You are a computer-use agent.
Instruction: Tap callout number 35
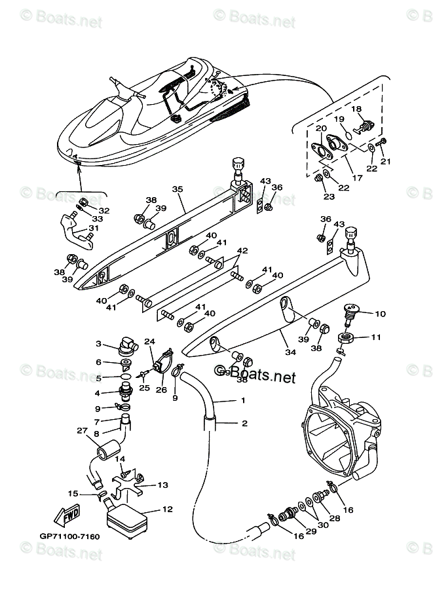(x=177, y=189)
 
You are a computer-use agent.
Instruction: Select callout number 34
(x=290, y=352)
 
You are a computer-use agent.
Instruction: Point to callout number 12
(x=167, y=508)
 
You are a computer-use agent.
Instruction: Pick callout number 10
(x=381, y=314)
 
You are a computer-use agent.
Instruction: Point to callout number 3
(x=98, y=343)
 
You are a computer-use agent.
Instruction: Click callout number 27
(x=82, y=430)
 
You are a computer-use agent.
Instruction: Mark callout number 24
(x=150, y=341)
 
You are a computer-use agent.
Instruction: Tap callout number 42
(x=242, y=251)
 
